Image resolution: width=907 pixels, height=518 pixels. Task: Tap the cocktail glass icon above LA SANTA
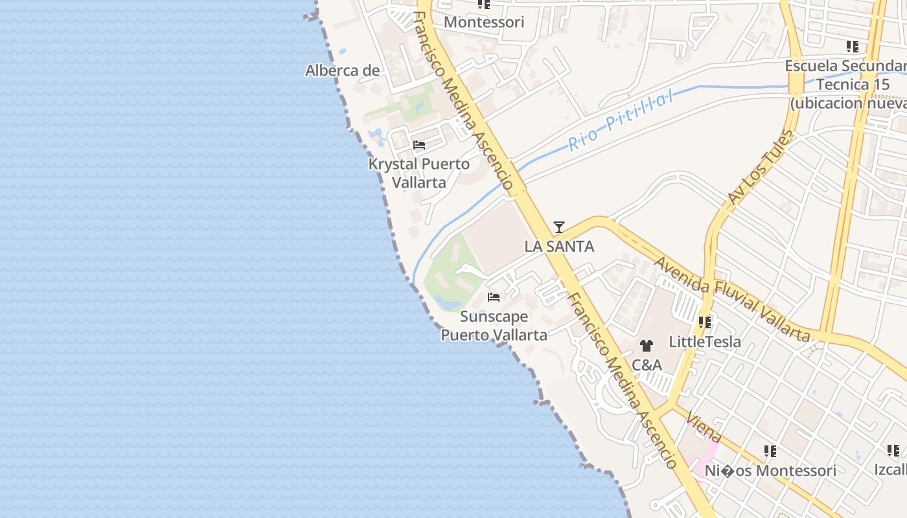tap(559, 227)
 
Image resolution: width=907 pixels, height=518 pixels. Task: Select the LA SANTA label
tap(559, 246)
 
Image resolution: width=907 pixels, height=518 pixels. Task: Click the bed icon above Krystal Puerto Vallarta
tap(419, 145)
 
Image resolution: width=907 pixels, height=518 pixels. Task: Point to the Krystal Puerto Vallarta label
tap(419, 173)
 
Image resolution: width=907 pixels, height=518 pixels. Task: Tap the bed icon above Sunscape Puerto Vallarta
tap(494, 298)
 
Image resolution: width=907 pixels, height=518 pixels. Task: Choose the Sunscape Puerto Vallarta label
tap(494, 326)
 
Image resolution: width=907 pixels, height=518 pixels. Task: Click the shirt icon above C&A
tap(646, 346)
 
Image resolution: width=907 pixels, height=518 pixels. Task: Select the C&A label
tap(647, 365)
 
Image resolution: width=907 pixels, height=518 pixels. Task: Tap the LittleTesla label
tap(705, 341)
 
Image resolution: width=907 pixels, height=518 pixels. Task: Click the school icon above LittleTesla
tap(705, 322)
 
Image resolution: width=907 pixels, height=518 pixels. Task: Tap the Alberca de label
tap(342, 70)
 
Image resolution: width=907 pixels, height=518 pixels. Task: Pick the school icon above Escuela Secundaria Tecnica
tap(852, 47)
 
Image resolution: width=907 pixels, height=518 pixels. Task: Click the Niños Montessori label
tap(770, 471)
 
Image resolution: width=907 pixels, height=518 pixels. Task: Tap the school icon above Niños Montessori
tap(770, 451)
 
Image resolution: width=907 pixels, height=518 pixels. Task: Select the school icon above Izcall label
tap(893, 450)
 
